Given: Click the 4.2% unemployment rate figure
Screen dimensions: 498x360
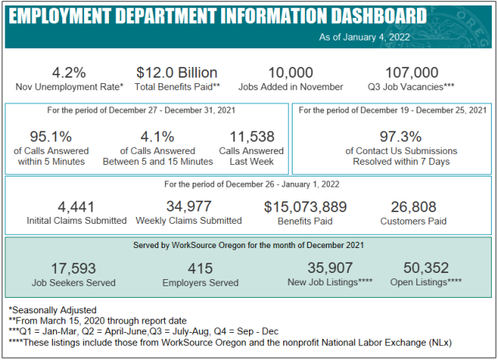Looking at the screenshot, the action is click(69, 72).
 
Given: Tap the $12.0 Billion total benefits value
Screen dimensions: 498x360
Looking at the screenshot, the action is click(177, 72).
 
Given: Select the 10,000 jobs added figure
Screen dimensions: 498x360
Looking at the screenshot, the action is click(290, 72).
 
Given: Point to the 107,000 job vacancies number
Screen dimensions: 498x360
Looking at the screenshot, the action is click(412, 72).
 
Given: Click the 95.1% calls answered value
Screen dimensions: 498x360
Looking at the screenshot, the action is click(51, 137).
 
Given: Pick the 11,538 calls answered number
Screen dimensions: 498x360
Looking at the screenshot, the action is click(251, 137).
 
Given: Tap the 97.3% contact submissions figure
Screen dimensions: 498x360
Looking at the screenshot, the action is click(401, 137).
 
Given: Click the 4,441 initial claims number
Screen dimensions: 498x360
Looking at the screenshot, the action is click(76, 207).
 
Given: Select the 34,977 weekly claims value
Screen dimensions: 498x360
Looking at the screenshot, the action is click(188, 206).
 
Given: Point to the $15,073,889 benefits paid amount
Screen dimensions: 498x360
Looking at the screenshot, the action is click(305, 207).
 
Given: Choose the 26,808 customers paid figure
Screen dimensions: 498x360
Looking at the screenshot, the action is click(413, 207).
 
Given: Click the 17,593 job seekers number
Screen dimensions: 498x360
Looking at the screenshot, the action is click(73, 268).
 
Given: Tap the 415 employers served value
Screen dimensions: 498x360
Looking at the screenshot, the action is click(200, 268).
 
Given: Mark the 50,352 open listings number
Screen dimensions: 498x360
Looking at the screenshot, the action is click(426, 268).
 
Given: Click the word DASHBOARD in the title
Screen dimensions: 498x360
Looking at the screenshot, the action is click(379, 16).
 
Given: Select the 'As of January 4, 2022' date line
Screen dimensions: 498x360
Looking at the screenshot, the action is click(364, 37).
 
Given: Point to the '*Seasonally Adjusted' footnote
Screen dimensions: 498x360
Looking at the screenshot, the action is click(53, 310).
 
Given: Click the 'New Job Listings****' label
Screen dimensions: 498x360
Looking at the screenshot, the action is click(330, 282).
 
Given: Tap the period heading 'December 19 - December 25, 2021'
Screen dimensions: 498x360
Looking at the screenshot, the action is click(423, 110).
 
